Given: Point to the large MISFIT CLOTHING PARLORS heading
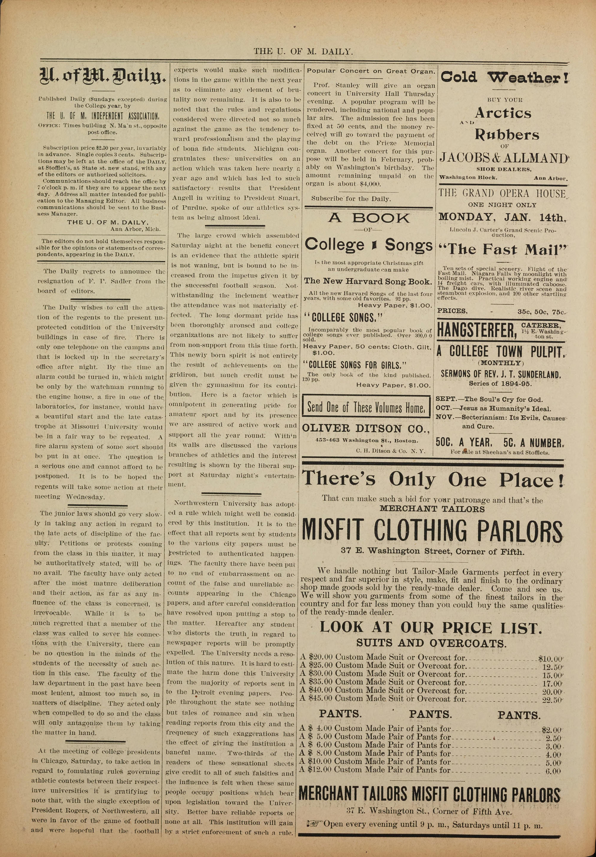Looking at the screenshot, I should [432, 529].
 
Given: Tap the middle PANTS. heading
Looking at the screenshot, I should [430, 714].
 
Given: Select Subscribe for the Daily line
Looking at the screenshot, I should [351, 199].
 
